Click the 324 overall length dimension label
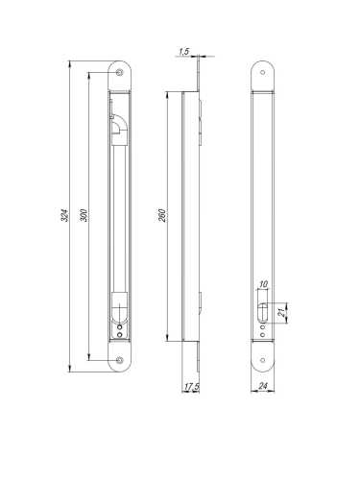pos(65,216)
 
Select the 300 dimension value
pos(84,215)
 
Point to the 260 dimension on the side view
pos(162,215)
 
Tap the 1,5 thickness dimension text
pos(184,51)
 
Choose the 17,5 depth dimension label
pos(191,387)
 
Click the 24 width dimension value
pos(263,386)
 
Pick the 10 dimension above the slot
pos(264,284)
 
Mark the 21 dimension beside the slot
pos(282,313)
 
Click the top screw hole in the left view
pos(120,73)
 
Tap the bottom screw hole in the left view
pos(120,360)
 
